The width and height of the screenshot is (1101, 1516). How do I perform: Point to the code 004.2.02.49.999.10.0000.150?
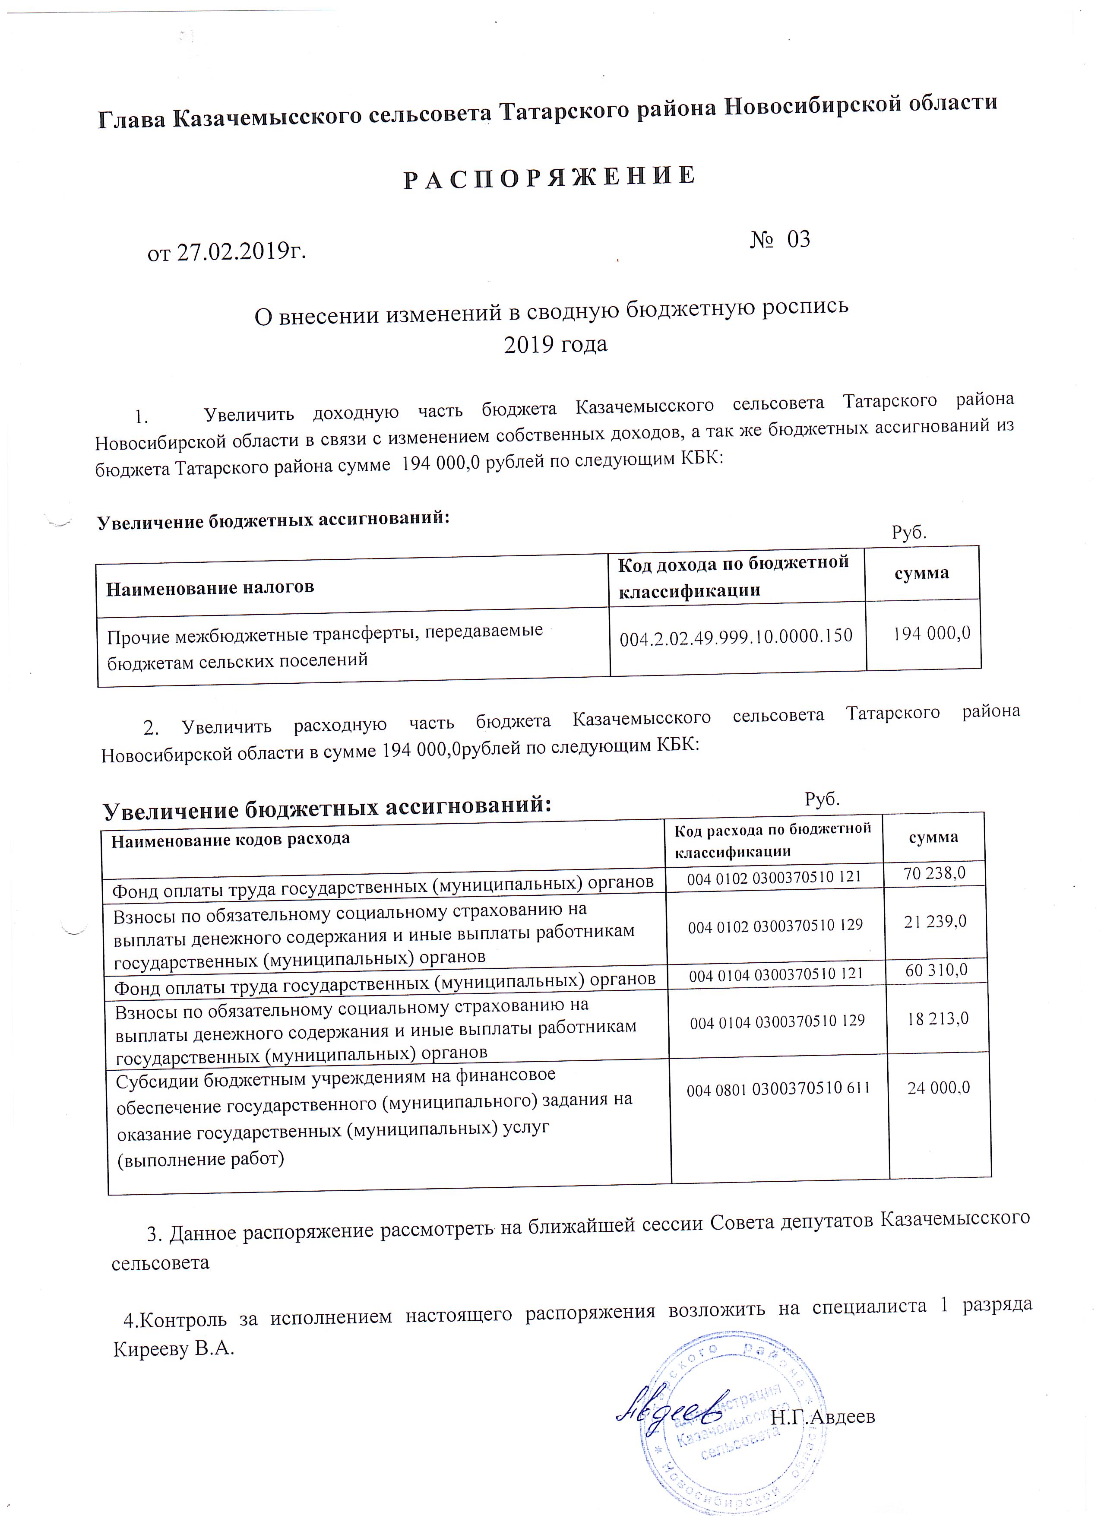pos(736,636)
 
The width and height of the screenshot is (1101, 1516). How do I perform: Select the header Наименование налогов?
pos(210,587)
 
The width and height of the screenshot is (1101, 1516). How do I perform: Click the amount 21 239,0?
pos(935,922)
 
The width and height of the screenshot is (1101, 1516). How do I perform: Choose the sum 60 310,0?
pos(936,970)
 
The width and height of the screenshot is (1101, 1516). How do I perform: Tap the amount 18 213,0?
pos(937,1019)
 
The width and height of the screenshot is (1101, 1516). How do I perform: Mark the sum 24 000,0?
pos(938,1088)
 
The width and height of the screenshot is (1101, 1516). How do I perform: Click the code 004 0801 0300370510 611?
pos(778,1088)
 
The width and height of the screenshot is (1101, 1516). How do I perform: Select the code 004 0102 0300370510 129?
pos(775,925)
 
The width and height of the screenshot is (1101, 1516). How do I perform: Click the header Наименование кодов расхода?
pos(231,840)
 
